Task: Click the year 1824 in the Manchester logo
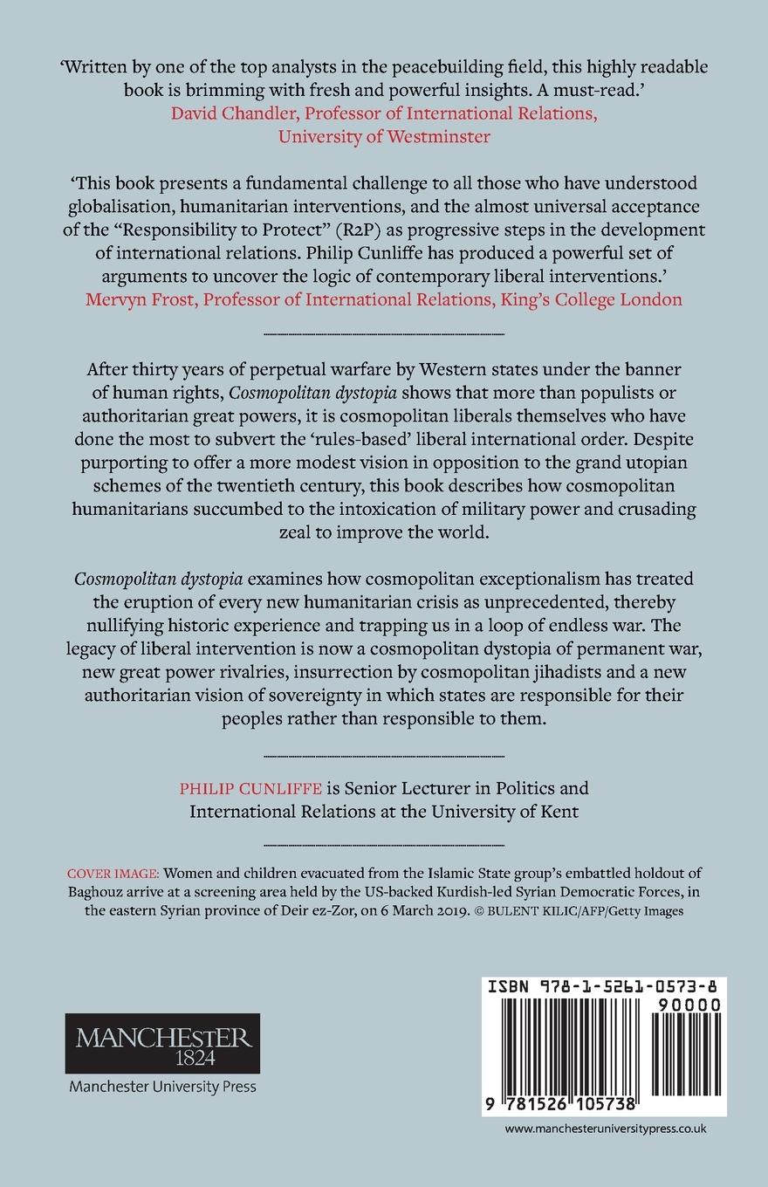162,1054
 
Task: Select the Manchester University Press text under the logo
162,1088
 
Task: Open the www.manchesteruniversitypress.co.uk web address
606,1153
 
